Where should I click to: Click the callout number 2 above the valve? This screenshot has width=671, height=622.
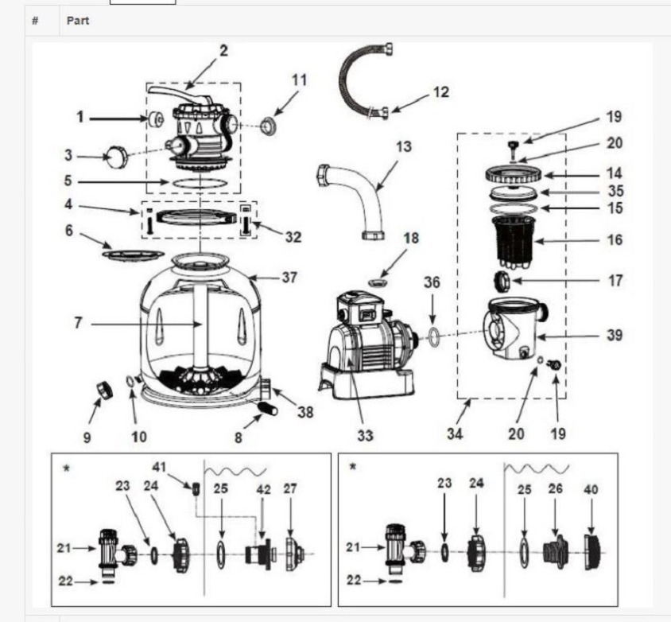[x=223, y=50]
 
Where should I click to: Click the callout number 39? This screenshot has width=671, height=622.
[x=614, y=335]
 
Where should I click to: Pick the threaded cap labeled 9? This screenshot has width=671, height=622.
[x=103, y=390]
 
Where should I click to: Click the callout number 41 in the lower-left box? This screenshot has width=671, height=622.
[x=159, y=467]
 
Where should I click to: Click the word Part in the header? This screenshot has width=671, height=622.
[x=77, y=21]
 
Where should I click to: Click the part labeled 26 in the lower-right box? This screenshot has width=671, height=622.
[x=554, y=548]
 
